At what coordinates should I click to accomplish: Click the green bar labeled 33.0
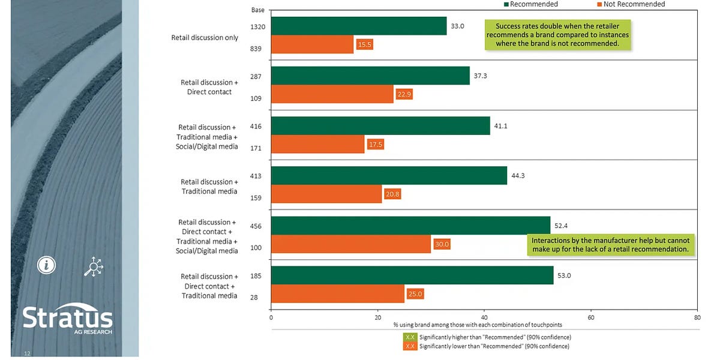359,26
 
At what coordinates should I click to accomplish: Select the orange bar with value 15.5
312,44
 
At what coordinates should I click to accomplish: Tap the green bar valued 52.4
410,225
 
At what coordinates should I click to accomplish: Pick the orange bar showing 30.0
351,244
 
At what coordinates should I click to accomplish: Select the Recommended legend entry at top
530,4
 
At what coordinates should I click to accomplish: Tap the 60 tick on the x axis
590,318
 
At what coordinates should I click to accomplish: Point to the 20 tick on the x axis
377,318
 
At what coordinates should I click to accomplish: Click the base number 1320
257,26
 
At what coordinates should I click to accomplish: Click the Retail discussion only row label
205,38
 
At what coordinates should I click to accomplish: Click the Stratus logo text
67,318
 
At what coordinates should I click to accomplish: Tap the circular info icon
46,265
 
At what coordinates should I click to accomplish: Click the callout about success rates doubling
557,35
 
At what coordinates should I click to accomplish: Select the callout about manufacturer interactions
610,245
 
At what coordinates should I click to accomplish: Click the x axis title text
483,325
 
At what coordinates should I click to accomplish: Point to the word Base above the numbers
257,10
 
